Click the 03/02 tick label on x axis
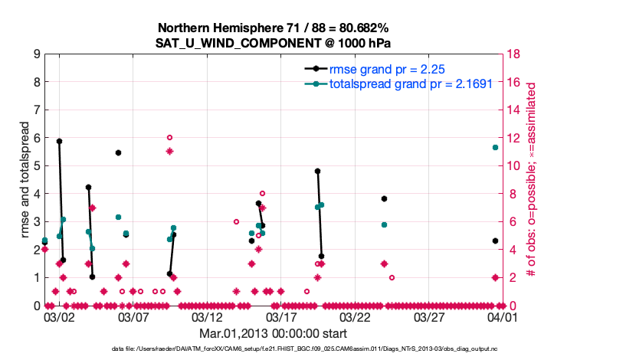(x=59, y=316)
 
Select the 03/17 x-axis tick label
(x=281, y=316)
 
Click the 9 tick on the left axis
(x=36, y=54)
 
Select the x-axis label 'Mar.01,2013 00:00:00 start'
(x=274, y=333)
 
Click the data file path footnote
(x=274, y=349)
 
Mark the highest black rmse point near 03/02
(x=59, y=141)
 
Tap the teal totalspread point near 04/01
(x=495, y=147)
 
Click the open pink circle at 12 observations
(x=169, y=138)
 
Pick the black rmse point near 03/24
(x=384, y=198)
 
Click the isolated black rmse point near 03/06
(x=118, y=152)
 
